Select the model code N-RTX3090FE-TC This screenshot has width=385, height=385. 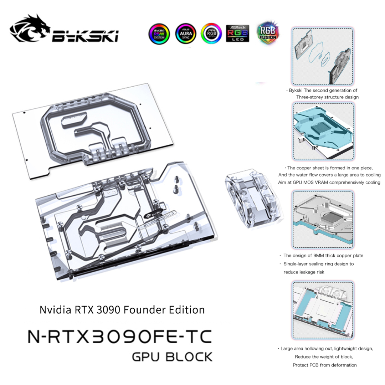point(120,337)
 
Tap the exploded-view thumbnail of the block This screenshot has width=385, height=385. point(323,56)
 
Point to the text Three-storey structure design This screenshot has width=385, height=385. point(327,97)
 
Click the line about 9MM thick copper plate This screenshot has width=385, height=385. point(323,256)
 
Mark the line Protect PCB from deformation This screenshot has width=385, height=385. point(324,365)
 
